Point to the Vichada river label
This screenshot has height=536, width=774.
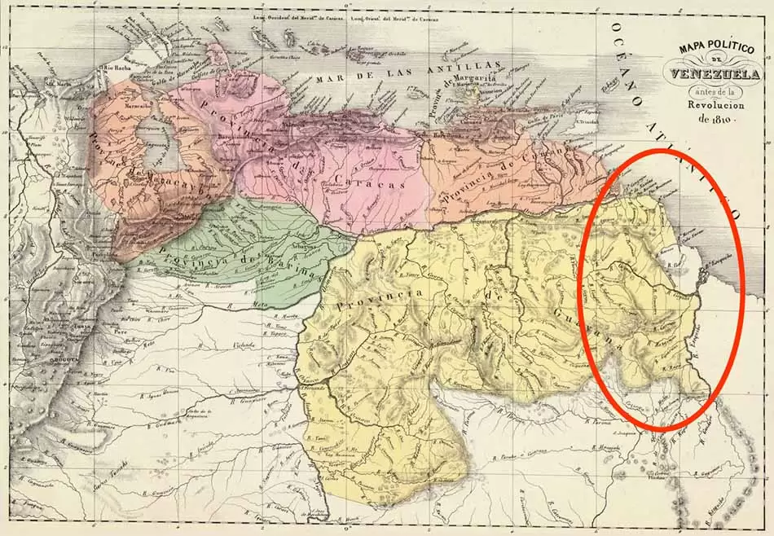pos(244,345)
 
